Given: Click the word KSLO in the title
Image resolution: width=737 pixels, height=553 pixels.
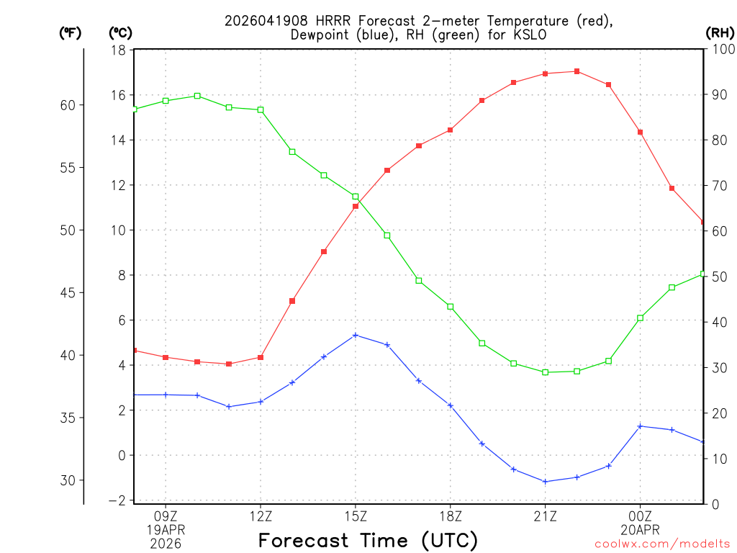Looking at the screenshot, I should tap(531, 35).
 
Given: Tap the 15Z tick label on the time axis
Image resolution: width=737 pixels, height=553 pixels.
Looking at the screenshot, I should tap(356, 515).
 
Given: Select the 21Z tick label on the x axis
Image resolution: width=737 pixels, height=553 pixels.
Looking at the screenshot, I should tap(545, 515).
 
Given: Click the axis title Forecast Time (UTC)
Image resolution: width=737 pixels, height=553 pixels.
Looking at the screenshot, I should tap(368, 540).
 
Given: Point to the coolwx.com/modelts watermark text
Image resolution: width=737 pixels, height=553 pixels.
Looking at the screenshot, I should tap(662, 544).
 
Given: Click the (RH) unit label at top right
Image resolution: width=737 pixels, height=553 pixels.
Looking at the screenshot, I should tap(720, 32).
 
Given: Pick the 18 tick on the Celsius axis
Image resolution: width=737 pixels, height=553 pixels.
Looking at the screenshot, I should tap(119, 50).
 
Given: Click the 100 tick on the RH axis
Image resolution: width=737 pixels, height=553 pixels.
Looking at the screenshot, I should tap(720, 50).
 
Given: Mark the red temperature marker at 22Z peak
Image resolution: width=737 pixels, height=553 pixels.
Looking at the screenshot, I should tap(577, 71).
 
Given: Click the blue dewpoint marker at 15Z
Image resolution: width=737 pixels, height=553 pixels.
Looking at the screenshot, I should tap(356, 336).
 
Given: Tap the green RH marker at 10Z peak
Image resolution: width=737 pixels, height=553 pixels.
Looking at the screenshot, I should tap(197, 96).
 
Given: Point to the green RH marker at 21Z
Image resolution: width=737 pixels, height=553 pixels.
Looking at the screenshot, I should tap(545, 372).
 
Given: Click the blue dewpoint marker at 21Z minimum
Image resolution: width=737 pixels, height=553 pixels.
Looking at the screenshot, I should tap(545, 482).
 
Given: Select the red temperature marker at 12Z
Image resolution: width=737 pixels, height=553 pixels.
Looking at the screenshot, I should tap(261, 357).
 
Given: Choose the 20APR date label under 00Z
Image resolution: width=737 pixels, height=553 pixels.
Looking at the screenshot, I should tap(640, 529).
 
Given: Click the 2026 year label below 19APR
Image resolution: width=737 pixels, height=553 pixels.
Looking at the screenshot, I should tap(166, 544).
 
